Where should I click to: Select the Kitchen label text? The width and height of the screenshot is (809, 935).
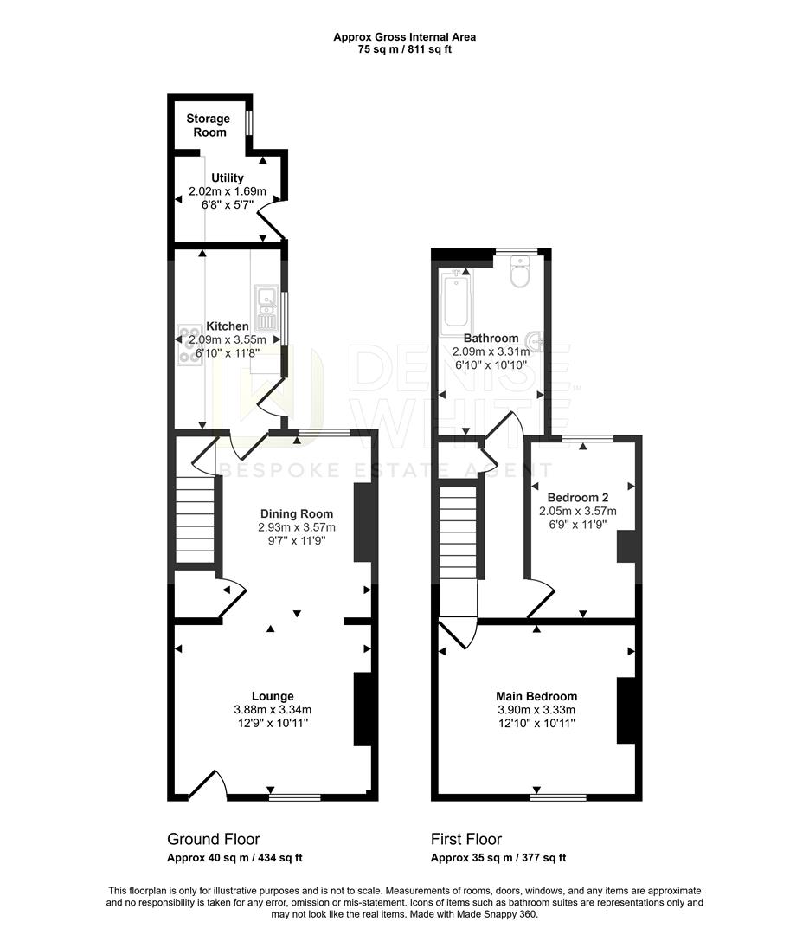pyautogui.click(x=227, y=326)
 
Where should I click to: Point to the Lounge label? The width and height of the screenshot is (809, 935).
pyautogui.click(x=273, y=696)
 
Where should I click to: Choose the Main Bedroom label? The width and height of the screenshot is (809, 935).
pyautogui.click(x=536, y=696)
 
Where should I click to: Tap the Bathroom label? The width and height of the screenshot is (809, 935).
pyautogui.click(x=491, y=339)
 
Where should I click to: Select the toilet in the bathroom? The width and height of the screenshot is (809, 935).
pyautogui.click(x=520, y=274)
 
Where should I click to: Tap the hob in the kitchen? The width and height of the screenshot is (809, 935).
pyautogui.click(x=188, y=344)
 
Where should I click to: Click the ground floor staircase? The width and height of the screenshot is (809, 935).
pyautogui.click(x=195, y=524)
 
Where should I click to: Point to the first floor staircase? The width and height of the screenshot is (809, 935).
pyautogui.click(x=458, y=532)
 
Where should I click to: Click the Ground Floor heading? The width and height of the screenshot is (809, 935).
pyautogui.click(x=213, y=839)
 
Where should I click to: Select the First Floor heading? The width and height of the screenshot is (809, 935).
pyautogui.click(x=465, y=839)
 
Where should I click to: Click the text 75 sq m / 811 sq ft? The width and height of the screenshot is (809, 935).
pyautogui.click(x=404, y=49)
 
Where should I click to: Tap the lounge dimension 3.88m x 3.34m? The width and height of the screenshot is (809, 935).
pyautogui.click(x=273, y=710)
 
